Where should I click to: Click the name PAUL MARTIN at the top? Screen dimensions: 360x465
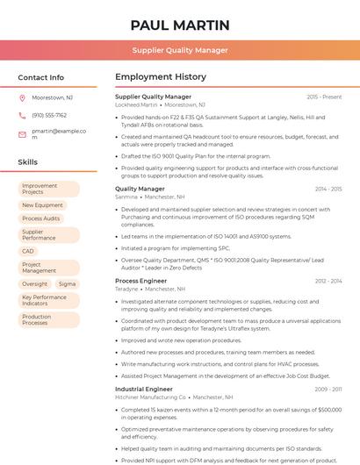tap(180, 25)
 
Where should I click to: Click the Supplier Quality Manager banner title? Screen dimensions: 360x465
tap(180, 50)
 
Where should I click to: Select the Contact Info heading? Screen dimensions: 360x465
tap(41, 77)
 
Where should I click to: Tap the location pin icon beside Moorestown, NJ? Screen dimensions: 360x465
tap(22, 97)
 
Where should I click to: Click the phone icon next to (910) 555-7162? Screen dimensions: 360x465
tap(22, 115)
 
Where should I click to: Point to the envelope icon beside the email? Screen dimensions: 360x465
tap(22, 134)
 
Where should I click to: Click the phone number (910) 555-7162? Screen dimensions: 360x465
tap(49, 115)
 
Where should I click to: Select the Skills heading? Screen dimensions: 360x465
tap(28, 162)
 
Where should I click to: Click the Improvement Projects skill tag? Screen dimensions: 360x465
tap(48, 189)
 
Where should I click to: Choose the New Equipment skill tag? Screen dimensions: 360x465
tap(42, 205)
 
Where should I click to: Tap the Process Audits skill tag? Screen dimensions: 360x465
tap(41, 218)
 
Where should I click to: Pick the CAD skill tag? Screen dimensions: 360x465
tap(28, 251)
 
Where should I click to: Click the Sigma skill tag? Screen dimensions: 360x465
tap(67, 284)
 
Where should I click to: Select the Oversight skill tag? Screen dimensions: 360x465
tap(35, 284)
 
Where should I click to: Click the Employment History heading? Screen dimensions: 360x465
tap(161, 77)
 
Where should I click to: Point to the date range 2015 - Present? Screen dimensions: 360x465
tap(324, 97)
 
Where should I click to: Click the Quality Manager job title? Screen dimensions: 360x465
tap(140, 189)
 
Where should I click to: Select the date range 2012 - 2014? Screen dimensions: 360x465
tap(328, 281)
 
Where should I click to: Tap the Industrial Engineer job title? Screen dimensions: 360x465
tap(144, 389)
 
